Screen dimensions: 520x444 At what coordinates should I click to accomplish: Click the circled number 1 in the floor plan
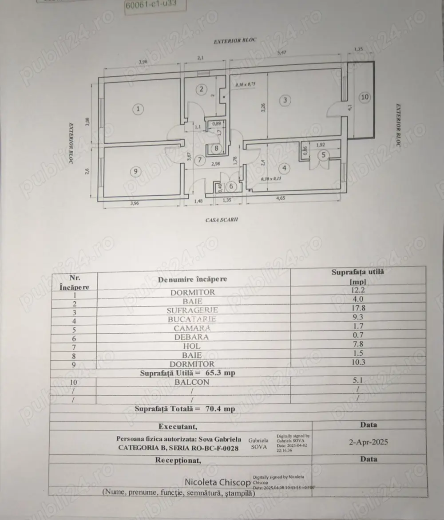coord(139,109)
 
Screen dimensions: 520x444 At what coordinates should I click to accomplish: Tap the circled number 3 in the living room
coord(285,100)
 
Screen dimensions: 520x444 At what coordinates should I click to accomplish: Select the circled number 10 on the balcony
coord(364,97)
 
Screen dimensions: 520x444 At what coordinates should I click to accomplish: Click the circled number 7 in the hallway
coord(200,159)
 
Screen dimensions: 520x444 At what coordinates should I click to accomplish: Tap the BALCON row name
coord(192,382)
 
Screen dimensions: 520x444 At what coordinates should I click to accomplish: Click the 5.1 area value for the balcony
coord(357,381)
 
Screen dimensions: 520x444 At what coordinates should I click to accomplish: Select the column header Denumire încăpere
coord(192,279)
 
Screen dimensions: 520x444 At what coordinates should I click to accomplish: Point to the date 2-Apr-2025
coord(369,442)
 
